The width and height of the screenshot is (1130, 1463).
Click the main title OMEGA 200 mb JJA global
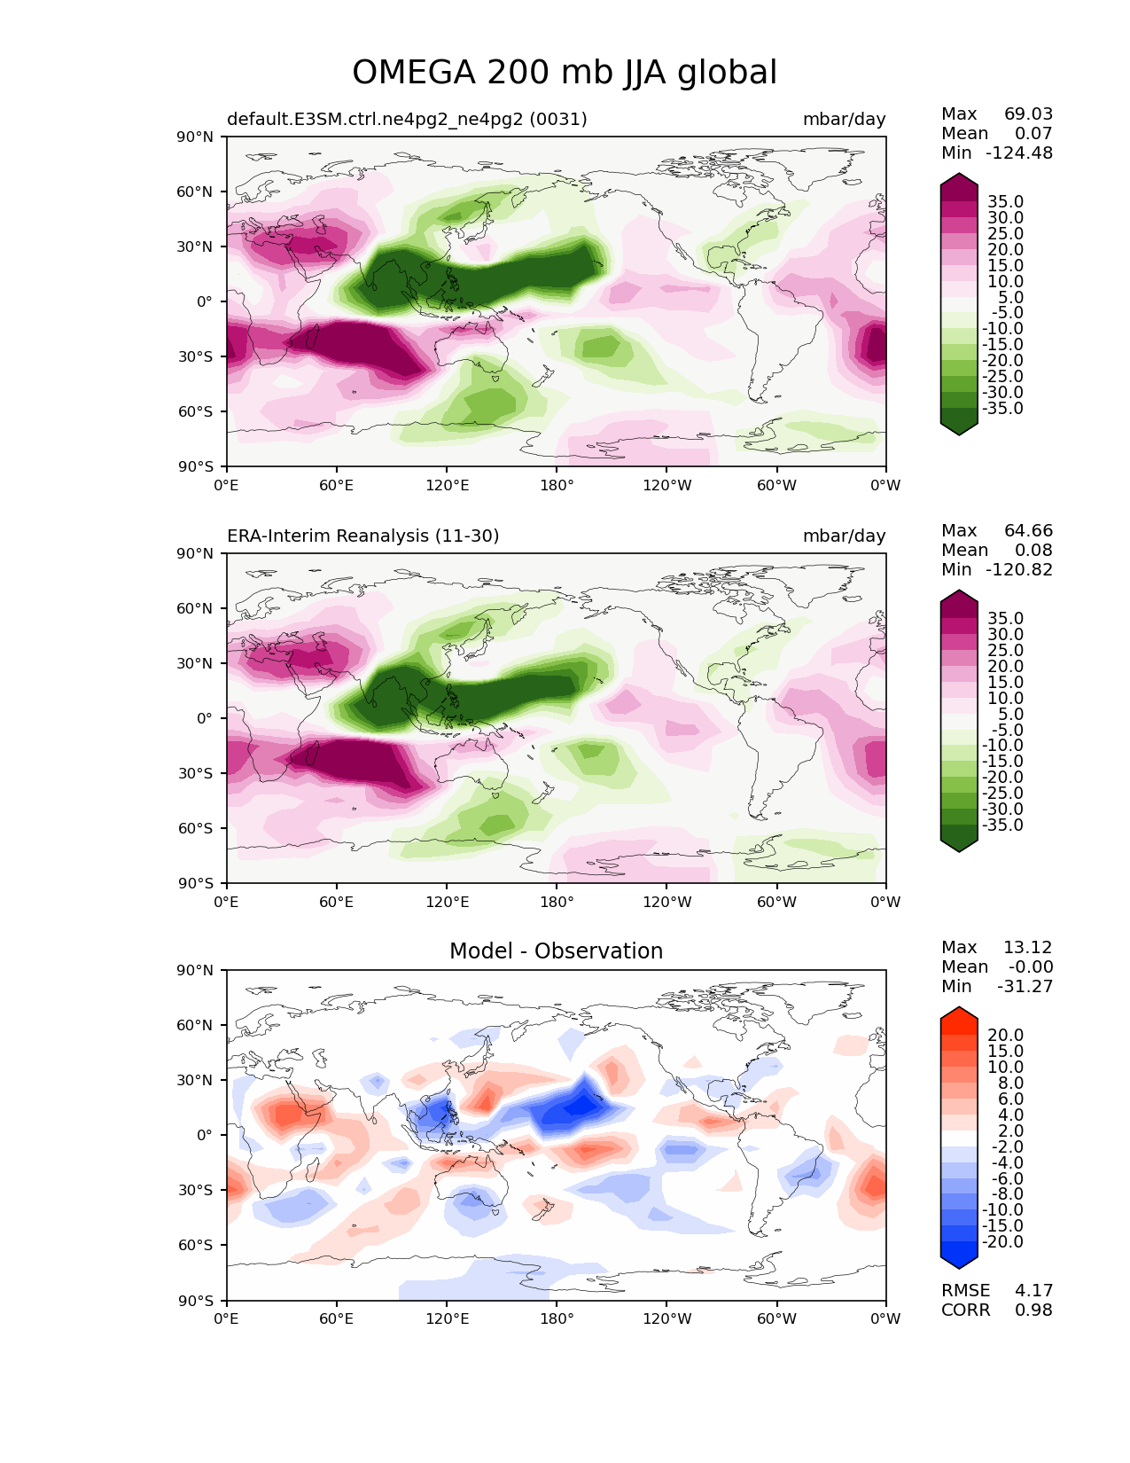point(565,73)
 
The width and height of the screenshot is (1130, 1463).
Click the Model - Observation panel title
point(556,951)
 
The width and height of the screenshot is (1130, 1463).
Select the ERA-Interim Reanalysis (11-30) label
point(363,536)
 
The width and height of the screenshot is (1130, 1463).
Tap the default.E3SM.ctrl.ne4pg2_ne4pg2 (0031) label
point(407,119)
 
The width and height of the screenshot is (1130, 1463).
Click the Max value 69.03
point(1028,113)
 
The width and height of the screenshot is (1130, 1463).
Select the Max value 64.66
point(1028,530)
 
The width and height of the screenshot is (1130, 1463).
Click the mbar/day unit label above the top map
point(844,119)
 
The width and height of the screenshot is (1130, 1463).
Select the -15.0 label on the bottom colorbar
point(1002,1225)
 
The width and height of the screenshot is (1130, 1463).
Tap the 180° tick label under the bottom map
point(557,1318)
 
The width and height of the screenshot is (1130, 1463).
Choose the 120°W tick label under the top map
point(666,485)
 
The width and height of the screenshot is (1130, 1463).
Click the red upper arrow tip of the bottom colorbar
point(959,1013)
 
